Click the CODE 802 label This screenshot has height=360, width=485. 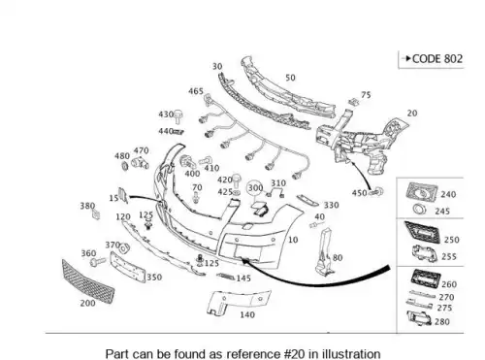click(x=437, y=59)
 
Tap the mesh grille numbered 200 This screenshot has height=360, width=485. click(x=88, y=281)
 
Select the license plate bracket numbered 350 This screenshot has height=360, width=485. click(x=127, y=268)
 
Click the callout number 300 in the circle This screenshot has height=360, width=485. click(x=255, y=188)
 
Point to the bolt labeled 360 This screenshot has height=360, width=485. click(x=98, y=261)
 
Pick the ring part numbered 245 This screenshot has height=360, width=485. click(x=420, y=210)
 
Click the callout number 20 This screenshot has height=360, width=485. click(x=412, y=114)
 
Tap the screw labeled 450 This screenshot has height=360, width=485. click(x=376, y=192)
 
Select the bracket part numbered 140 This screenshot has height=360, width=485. click(x=238, y=303)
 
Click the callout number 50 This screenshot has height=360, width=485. click(x=290, y=78)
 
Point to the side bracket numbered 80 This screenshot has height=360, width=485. click(x=324, y=252)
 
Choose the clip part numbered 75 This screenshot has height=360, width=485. click(x=354, y=102)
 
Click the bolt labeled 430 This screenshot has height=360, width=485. click(x=178, y=116)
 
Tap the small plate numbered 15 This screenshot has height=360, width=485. click(x=123, y=195)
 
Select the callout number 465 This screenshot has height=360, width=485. click(x=196, y=91)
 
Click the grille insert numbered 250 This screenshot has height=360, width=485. click(x=422, y=232)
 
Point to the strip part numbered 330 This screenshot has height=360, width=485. click(x=307, y=200)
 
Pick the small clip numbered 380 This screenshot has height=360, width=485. click(x=96, y=213)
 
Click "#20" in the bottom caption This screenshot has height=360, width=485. click(x=294, y=353)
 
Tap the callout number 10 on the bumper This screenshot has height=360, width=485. click(x=293, y=240)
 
